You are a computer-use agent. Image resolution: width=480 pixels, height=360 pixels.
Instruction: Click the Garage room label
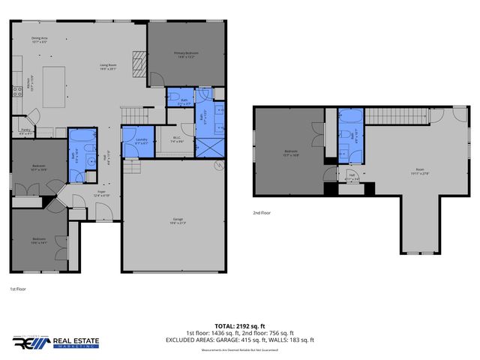pyautogui.click(x=177, y=220)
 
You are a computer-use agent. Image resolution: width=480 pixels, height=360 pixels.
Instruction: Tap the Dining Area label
pyautogui.click(x=40, y=40)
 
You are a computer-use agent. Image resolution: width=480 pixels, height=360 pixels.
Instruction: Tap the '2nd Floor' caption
pyautogui.click(x=262, y=213)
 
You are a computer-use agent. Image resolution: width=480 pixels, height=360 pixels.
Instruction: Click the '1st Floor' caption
pyautogui.click(x=19, y=288)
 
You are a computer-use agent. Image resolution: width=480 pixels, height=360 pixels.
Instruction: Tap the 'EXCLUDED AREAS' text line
pyautogui.click(x=240, y=340)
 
